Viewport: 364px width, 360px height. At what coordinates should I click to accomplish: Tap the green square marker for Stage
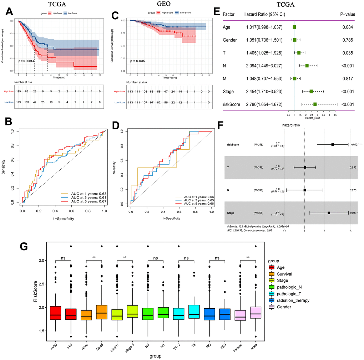click(x=311, y=92)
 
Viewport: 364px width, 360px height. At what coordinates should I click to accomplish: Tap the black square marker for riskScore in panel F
click(x=333, y=144)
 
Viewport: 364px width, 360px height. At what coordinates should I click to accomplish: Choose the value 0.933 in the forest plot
click(x=354, y=167)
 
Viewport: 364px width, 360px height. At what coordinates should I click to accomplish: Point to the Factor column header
click(x=230, y=14)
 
